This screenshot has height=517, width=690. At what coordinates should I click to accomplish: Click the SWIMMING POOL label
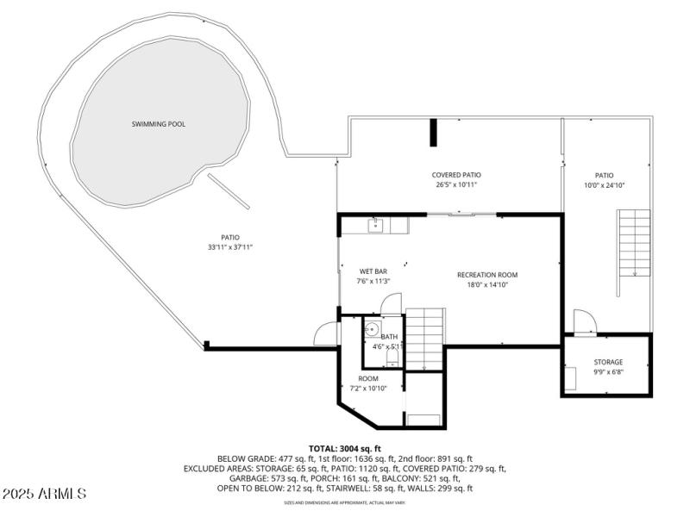pos(158,124)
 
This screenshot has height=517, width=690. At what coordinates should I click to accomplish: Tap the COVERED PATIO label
pos(456,175)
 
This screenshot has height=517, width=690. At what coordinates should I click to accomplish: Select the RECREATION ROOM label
pos(487,275)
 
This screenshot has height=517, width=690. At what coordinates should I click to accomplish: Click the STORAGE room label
pos(608,362)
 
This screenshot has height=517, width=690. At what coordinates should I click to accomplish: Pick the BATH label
pos(389,337)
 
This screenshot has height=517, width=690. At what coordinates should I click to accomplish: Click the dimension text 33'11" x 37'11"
pos(230,247)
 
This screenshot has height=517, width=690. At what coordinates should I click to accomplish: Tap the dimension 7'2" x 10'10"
pos(368,388)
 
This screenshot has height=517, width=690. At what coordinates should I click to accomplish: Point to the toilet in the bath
pos(392,357)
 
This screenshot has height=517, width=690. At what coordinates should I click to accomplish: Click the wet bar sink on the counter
pos(376,226)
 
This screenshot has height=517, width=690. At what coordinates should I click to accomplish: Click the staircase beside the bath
pos(424,338)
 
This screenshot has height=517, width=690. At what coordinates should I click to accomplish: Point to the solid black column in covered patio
pos(434,133)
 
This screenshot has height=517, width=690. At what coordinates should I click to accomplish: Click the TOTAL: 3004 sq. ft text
pos(344,449)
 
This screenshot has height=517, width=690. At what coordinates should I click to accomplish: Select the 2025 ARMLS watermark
pos(45,494)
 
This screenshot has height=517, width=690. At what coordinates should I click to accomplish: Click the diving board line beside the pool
pos(229,191)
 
